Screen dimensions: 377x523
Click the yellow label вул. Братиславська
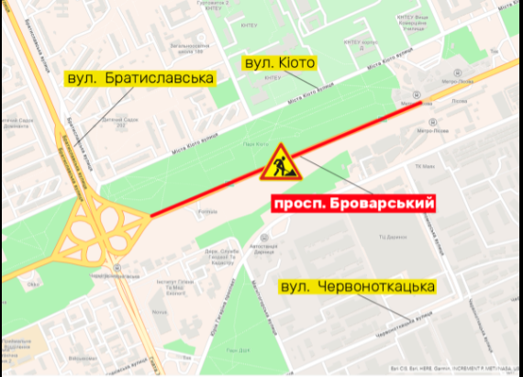click(x=139, y=79)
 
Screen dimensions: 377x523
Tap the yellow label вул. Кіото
click(x=278, y=62)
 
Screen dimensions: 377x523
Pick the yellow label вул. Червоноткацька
click(x=356, y=287)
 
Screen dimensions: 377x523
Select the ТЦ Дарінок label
click(x=392, y=238)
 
